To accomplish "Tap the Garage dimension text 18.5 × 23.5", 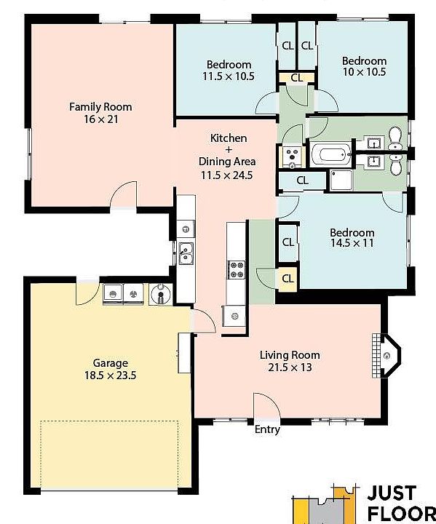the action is [110, 376].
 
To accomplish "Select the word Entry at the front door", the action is [267, 429].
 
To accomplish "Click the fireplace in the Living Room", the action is [387, 355].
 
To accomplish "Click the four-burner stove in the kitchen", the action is [237, 270].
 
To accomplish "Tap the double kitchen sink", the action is [186, 253].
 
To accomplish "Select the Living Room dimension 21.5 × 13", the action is [290, 368].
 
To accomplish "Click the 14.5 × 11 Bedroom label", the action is [352, 237].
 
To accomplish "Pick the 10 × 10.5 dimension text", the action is [364, 72].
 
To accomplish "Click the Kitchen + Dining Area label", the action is [226, 156].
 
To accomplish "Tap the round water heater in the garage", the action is [160, 294].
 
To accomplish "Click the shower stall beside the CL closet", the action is [341, 180].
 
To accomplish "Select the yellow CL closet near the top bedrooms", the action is [296, 78].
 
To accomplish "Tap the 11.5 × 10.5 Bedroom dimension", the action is [229, 76].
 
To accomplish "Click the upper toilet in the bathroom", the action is [395, 138].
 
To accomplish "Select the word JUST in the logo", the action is [392, 493].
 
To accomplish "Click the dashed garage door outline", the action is [109, 421].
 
